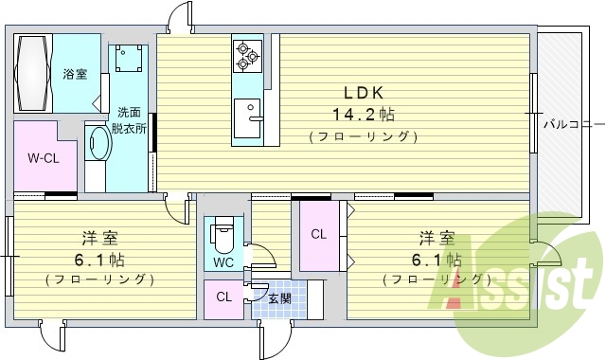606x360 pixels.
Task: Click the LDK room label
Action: tap(362, 94)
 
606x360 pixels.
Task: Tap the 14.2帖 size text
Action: tap(363, 115)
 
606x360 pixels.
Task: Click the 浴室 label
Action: tap(75, 74)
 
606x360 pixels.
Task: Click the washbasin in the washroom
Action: tap(98, 142)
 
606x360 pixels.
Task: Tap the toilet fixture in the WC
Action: tap(223, 231)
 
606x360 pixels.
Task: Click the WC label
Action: tap(223, 261)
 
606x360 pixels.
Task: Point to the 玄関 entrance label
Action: tap(279, 299)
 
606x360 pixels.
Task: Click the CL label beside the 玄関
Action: tap(223, 297)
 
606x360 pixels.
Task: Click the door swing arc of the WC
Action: tap(266, 257)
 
